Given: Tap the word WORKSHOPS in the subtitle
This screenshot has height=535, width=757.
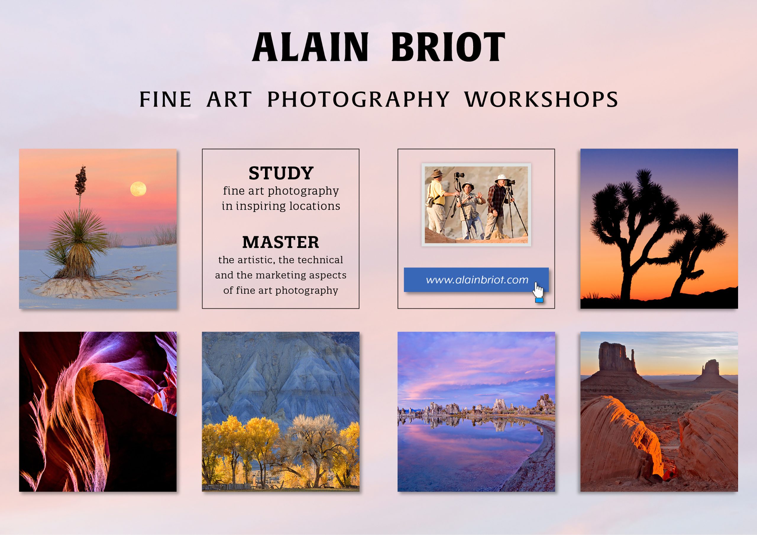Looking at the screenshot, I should coord(541,99).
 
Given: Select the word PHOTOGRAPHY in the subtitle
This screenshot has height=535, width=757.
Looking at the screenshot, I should coord(358,99).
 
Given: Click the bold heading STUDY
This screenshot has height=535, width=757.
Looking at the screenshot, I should coord(281,173).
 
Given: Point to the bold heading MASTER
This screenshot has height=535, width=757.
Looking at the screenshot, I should coord(281,242).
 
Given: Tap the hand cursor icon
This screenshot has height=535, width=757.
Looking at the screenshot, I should coord(538,292).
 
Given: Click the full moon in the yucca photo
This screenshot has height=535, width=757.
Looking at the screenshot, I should coord(138,189).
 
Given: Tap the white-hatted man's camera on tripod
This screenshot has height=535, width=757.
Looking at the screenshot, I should coord(509,182).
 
